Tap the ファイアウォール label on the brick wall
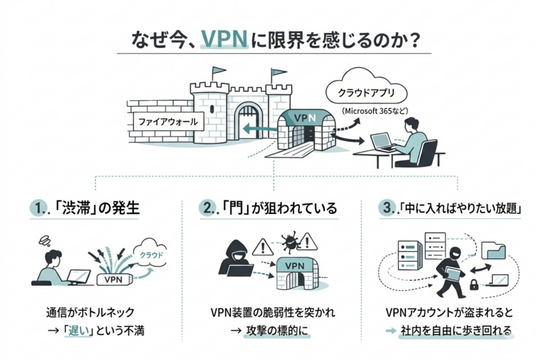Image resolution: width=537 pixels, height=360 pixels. point(165,122)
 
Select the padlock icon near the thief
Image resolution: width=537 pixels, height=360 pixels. point(474,286)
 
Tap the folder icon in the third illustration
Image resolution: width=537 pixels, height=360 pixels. point(493,249)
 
